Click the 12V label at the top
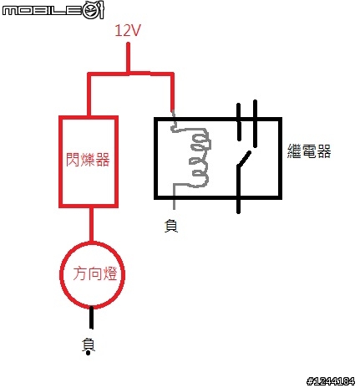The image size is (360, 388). (x=128, y=30)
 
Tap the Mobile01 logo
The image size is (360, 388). (x=53, y=10)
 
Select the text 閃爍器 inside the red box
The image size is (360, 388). (x=88, y=160)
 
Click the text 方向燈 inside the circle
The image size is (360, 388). (x=95, y=273)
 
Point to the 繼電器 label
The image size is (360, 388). (x=309, y=151)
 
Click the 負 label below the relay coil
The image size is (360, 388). (x=171, y=226)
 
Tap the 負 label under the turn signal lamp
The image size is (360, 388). (x=89, y=347)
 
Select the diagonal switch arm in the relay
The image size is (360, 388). (x=244, y=160)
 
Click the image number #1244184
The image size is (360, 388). (x=331, y=380)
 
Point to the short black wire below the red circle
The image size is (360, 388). (x=91, y=318)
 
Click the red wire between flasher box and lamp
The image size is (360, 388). (x=91, y=225)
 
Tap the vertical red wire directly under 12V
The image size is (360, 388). (x=128, y=57)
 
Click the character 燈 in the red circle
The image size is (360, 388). (x=109, y=273)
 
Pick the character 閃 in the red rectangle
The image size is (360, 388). (x=73, y=160)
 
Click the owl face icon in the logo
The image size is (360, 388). (x=94, y=10)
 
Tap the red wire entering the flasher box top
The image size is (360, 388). (x=89, y=94)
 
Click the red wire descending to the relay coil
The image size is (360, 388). (x=172, y=91)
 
